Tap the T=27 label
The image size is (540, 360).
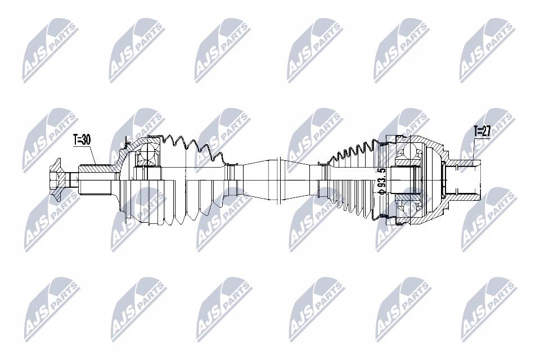pos(467,131)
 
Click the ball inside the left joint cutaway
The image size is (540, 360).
pos(148,153)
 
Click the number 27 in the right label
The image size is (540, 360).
pos(471,131)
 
